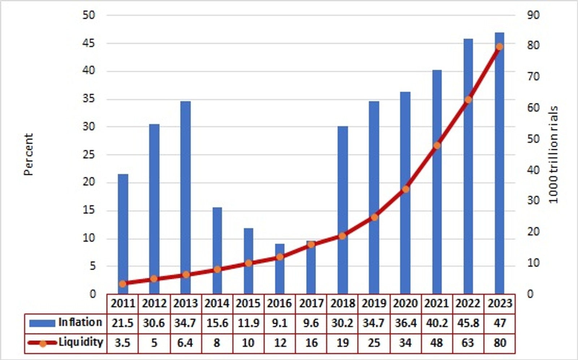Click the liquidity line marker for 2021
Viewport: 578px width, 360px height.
click(x=437, y=146)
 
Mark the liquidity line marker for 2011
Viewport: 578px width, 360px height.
click(x=122, y=284)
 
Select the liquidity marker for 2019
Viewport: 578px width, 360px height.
click(x=374, y=217)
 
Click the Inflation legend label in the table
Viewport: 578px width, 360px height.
click(x=80, y=322)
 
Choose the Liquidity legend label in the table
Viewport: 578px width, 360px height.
click(x=81, y=342)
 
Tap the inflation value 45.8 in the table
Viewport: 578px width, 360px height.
click(x=468, y=323)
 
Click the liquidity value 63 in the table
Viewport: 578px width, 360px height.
click(x=468, y=342)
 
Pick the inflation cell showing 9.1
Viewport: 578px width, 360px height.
click(x=280, y=323)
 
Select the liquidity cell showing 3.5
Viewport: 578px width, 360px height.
click(x=122, y=342)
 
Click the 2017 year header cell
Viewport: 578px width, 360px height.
click(x=311, y=303)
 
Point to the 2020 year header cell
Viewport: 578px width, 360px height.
click(x=405, y=303)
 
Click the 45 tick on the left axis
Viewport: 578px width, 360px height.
click(x=89, y=43)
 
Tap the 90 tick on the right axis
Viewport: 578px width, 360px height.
click(x=533, y=15)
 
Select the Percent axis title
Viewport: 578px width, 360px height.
click(x=29, y=155)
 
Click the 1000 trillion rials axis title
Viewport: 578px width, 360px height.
click(x=553, y=155)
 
